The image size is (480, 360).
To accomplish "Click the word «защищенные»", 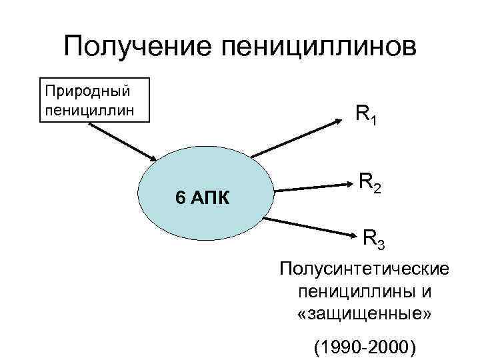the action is (365, 313).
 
